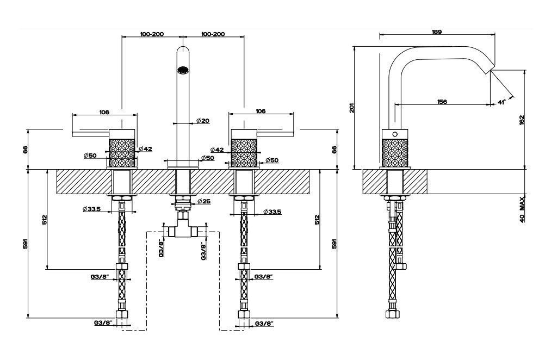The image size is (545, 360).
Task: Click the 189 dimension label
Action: pos(437,32)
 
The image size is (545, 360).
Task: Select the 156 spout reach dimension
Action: pos(442,102)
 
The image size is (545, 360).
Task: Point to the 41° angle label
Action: pos(501,102)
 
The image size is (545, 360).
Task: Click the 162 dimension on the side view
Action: pos(522,120)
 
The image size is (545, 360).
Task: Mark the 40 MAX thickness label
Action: pos(522,209)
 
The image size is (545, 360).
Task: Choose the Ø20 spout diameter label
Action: pos(203,121)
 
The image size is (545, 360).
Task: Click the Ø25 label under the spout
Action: pos(204,201)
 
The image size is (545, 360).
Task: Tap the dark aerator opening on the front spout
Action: pos(183,70)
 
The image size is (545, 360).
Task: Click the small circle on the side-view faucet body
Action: pos(395,134)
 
